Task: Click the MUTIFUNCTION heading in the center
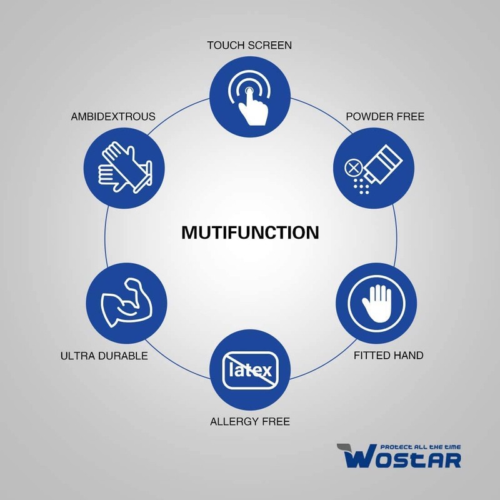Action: (250, 233)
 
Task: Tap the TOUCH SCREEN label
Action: (250, 46)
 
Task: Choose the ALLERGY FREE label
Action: (250, 421)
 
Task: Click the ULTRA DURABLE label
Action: (104, 356)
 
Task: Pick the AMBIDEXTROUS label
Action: (113, 117)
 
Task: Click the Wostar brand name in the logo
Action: (402, 459)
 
